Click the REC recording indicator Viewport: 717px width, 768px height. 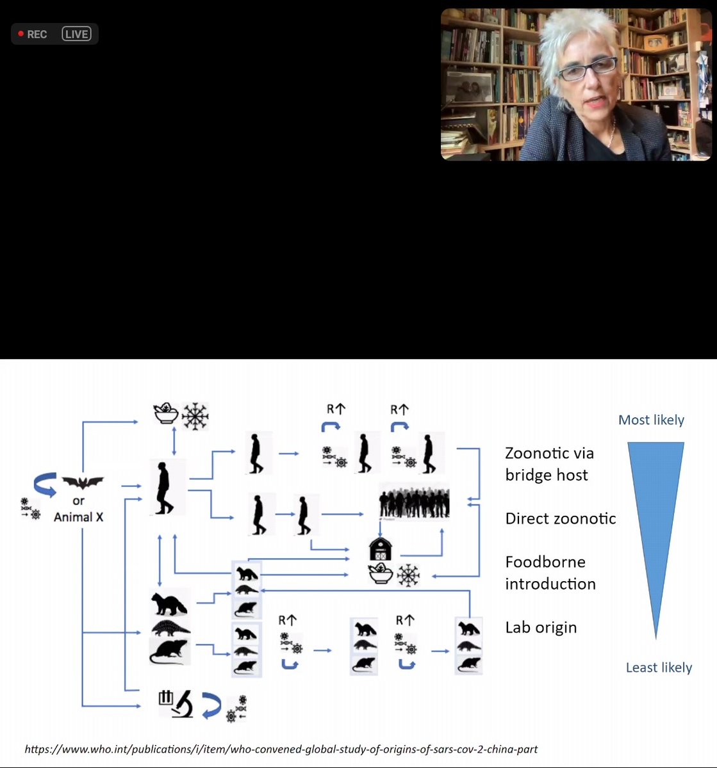coord(33,34)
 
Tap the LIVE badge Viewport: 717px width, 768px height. coord(76,34)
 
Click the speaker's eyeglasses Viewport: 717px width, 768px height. coord(587,68)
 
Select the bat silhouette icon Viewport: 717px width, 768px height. coord(83,483)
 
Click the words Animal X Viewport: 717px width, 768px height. coord(78,517)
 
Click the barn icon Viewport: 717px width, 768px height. coord(380,549)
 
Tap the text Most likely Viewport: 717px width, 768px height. coord(651,420)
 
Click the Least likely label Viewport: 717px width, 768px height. coord(659,668)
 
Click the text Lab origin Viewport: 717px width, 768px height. coord(541,627)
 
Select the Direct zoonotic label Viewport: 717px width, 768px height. coord(560,518)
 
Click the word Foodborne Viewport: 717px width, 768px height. coord(545,562)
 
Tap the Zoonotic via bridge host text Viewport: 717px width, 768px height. coord(549,464)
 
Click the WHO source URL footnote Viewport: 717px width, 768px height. coord(281,749)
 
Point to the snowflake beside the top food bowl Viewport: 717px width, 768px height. coord(195,416)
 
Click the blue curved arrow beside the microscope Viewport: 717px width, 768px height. coord(211,705)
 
